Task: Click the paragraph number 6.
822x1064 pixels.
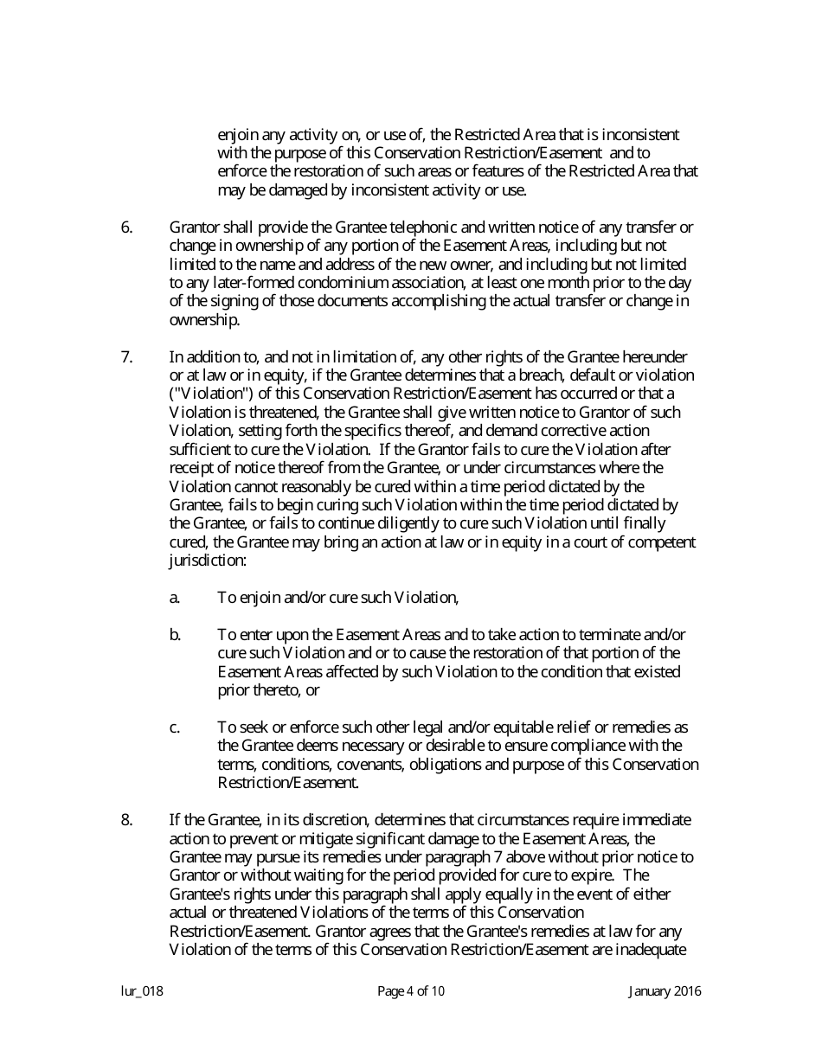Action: coord(126,228)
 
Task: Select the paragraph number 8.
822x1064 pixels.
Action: coord(126,820)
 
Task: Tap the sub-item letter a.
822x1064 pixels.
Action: coord(175,598)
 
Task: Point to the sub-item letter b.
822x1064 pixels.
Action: coord(175,635)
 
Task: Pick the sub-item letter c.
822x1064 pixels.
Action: coord(175,727)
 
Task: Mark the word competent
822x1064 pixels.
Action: coord(663,542)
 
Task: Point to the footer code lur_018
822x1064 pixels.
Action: coord(142,991)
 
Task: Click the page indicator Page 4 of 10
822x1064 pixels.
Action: coord(411,991)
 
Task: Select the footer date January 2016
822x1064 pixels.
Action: coord(665,991)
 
